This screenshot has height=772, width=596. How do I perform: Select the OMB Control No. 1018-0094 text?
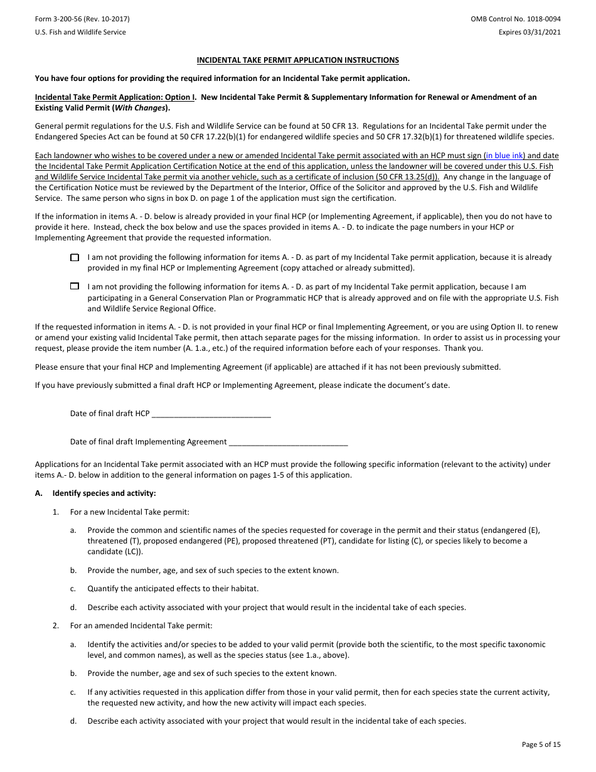516,19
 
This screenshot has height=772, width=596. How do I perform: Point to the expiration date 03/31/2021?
544,32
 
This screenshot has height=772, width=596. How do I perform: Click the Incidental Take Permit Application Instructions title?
298,60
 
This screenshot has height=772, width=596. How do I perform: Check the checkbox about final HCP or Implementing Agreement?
75,257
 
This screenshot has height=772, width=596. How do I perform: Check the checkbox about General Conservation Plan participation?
75,286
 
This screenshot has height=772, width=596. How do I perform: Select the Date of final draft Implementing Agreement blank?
288,442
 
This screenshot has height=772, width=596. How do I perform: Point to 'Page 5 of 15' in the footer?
541,744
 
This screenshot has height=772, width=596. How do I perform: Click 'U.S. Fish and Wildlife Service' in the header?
80,32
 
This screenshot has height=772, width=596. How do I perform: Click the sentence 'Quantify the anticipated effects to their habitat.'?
173,589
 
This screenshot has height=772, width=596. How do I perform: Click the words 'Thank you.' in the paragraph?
466,348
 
